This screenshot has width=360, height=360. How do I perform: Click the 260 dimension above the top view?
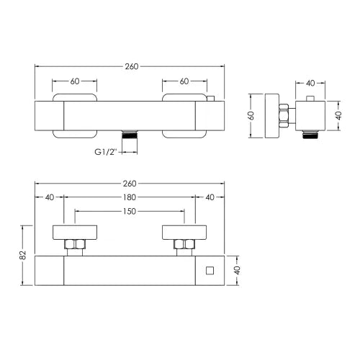132,66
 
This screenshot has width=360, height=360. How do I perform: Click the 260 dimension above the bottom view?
130,184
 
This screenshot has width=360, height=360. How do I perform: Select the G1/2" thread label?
105,152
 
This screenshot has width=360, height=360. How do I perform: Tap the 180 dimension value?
130,197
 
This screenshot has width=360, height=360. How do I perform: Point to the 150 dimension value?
130,212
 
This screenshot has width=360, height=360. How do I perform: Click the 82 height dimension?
22,255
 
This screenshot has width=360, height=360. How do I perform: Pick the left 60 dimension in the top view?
75,81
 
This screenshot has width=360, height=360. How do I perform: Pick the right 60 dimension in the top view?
184,81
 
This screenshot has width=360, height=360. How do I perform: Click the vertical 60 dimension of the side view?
251,116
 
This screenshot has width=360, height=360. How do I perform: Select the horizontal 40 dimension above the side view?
310,84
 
